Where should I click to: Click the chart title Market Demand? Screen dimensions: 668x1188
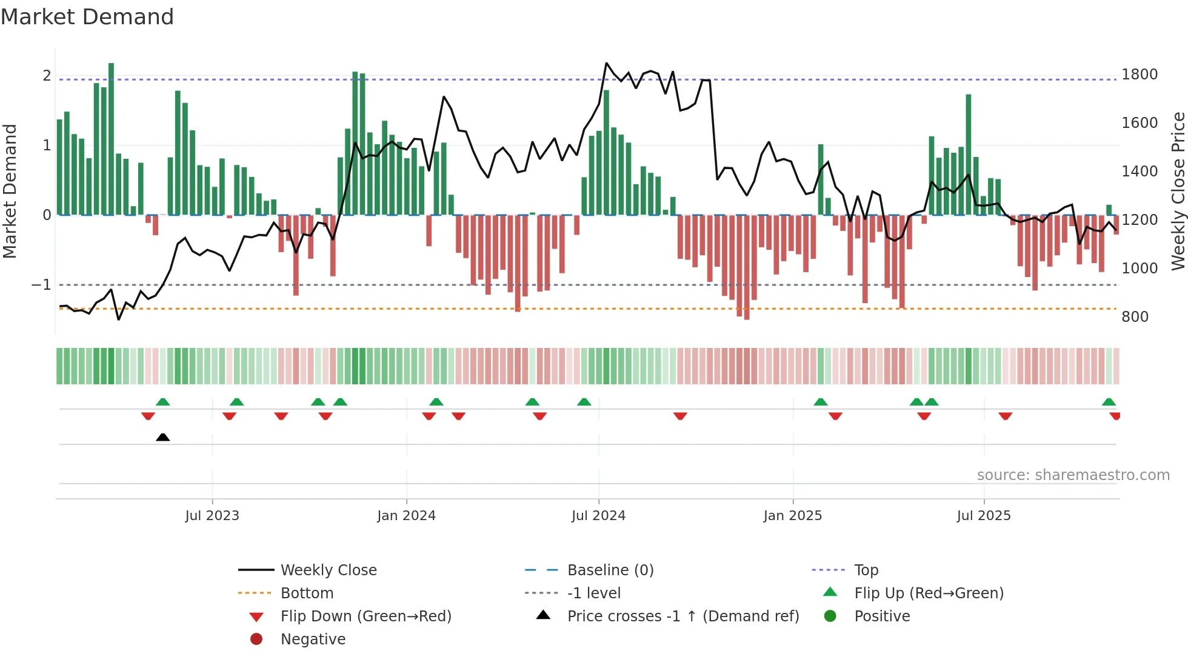[x=87, y=17]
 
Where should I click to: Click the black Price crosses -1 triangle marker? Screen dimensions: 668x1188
[x=162, y=437]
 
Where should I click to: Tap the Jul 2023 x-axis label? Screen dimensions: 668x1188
[x=212, y=515]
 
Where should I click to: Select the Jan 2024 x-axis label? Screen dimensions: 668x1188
[x=406, y=515]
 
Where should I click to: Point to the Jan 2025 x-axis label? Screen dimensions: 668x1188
[x=792, y=515]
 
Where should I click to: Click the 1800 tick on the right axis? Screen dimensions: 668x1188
[x=1140, y=75]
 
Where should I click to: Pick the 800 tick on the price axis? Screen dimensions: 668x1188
[x=1135, y=316]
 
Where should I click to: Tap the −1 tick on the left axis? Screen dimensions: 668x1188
[x=41, y=284]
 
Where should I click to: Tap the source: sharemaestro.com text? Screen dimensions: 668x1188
[x=1073, y=475]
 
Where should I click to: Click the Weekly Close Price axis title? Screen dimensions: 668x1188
[x=1178, y=191]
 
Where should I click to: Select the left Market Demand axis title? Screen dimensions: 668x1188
[x=10, y=191]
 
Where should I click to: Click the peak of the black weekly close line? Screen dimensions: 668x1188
[x=607, y=63]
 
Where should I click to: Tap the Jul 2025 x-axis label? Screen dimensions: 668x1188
[x=984, y=515]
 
